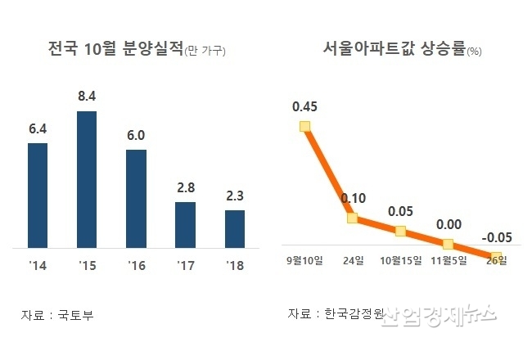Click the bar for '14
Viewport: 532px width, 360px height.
click(x=38, y=195)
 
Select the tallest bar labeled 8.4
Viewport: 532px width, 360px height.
click(x=87, y=179)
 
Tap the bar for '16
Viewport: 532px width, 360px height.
click(x=137, y=198)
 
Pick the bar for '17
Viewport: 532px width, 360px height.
click(x=186, y=224)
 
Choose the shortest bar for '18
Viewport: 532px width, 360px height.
click(x=235, y=228)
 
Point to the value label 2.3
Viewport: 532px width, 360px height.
click(x=235, y=195)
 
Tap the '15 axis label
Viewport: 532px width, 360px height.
click(x=87, y=266)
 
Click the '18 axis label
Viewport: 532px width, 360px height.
click(x=235, y=266)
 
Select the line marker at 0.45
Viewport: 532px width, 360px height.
click(x=305, y=126)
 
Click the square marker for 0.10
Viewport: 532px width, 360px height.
click(x=353, y=218)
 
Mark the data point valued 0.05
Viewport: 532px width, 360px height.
click(x=400, y=231)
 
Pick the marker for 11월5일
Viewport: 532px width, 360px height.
click(x=448, y=243)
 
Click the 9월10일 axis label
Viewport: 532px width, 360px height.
click(x=305, y=261)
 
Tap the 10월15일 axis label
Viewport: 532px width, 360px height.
click(x=400, y=261)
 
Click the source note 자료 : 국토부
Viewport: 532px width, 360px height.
click(x=57, y=315)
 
